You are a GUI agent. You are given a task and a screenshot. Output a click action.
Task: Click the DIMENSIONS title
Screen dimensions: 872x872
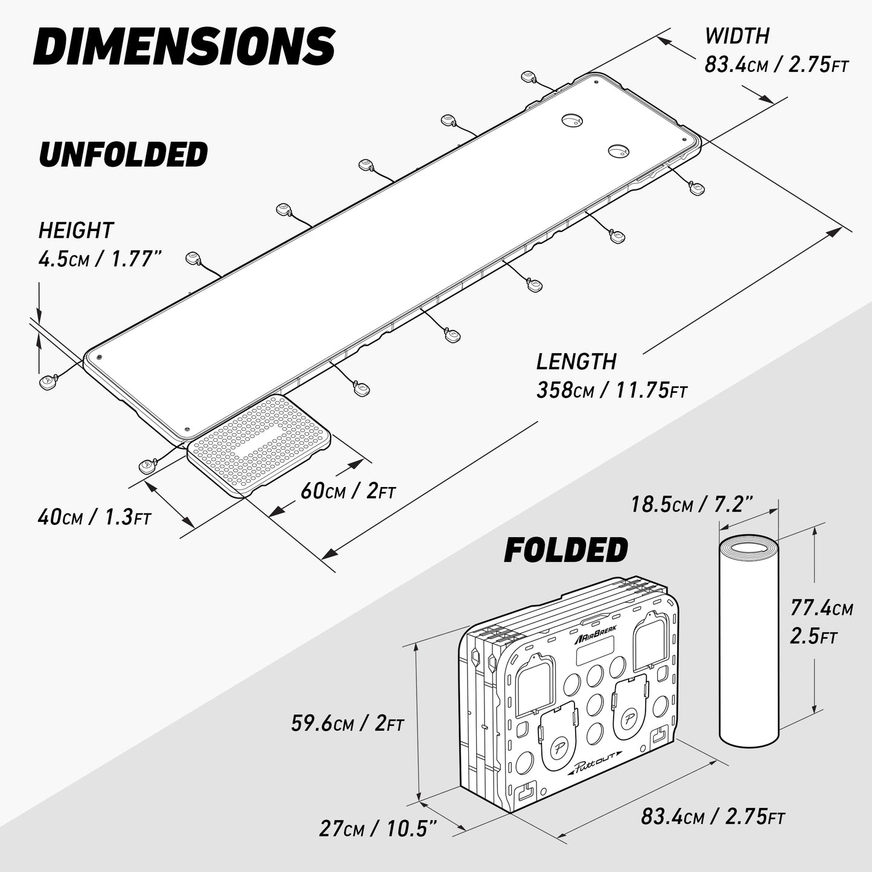coord(184,46)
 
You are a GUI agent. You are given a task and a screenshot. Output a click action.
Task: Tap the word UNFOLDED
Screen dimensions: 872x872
coord(123,154)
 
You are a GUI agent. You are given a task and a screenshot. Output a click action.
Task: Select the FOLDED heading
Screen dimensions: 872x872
coord(565,550)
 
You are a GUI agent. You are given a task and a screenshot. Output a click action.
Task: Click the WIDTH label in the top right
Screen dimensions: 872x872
coord(737,36)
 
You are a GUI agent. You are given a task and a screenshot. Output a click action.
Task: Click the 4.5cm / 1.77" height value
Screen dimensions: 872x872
coord(100,259)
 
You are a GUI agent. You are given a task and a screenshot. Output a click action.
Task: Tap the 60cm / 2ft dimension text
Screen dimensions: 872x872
coord(348,491)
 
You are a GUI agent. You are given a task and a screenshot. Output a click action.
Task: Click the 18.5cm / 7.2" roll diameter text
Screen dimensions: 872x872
coord(692,504)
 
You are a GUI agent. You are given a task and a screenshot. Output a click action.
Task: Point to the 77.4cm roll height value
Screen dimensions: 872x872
coord(821,608)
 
